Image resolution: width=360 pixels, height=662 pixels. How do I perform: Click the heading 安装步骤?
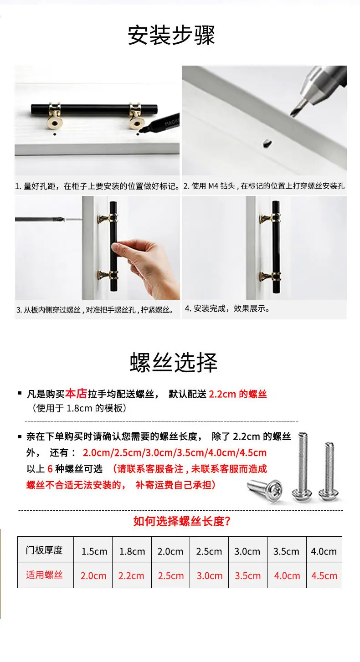(x=171, y=35)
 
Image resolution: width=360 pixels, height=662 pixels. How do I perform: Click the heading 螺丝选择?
(x=174, y=362)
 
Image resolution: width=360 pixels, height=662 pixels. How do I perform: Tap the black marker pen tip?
(x=141, y=129)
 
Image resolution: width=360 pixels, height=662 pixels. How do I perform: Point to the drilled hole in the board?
(x=267, y=144)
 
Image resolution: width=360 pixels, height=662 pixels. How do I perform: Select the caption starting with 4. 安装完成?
(x=227, y=308)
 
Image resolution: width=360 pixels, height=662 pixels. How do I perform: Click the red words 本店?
(x=76, y=394)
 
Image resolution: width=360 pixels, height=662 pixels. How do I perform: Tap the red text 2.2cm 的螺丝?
(x=238, y=394)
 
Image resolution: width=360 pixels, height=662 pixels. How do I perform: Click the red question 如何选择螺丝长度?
(x=181, y=521)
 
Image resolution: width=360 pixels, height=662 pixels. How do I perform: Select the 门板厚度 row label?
(x=44, y=550)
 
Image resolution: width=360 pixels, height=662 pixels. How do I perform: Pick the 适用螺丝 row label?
(x=44, y=575)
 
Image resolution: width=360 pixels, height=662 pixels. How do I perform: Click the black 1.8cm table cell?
(x=132, y=551)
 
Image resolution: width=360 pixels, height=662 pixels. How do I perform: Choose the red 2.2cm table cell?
(x=131, y=576)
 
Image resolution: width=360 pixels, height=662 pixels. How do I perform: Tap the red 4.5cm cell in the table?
(x=324, y=576)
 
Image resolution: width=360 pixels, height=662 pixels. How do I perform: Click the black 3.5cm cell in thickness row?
(x=286, y=551)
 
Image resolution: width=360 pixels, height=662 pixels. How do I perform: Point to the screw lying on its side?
(x=265, y=491)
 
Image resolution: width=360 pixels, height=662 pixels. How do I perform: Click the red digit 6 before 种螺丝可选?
(x=50, y=469)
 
